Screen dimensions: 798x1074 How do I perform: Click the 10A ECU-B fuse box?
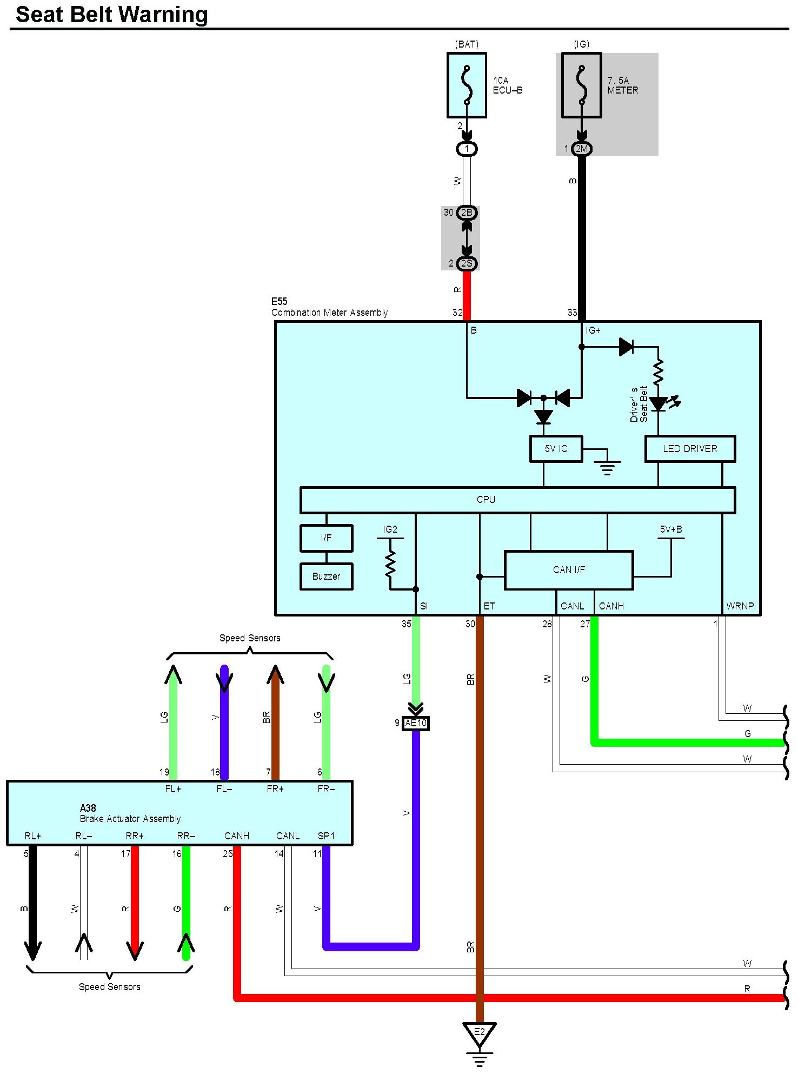click(467, 85)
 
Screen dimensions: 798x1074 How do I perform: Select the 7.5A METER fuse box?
click(581, 85)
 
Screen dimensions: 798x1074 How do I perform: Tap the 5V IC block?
click(556, 449)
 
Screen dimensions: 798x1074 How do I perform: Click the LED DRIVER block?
click(690, 449)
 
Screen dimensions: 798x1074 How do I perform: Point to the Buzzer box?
click(326, 576)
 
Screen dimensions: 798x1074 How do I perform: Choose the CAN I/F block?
click(569, 570)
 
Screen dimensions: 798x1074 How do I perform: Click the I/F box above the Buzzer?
click(326, 538)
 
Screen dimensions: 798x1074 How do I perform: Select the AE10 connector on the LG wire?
click(416, 723)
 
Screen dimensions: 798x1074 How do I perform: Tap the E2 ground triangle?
click(479, 1034)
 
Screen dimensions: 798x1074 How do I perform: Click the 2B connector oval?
click(467, 213)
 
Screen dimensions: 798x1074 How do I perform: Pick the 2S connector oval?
click(467, 263)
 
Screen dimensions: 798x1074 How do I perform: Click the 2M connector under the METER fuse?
click(581, 149)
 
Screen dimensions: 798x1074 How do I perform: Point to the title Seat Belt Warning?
click(112, 15)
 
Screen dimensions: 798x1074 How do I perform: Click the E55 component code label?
click(279, 301)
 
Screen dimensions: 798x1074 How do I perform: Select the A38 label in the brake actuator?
click(88, 808)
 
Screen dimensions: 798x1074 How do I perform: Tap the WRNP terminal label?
click(740, 606)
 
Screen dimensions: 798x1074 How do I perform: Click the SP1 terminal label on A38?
click(326, 836)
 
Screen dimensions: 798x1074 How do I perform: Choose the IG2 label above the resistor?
click(390, 529)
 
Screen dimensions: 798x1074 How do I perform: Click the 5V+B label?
click(671, 529)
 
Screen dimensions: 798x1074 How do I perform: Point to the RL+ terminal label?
click(33, 836)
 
